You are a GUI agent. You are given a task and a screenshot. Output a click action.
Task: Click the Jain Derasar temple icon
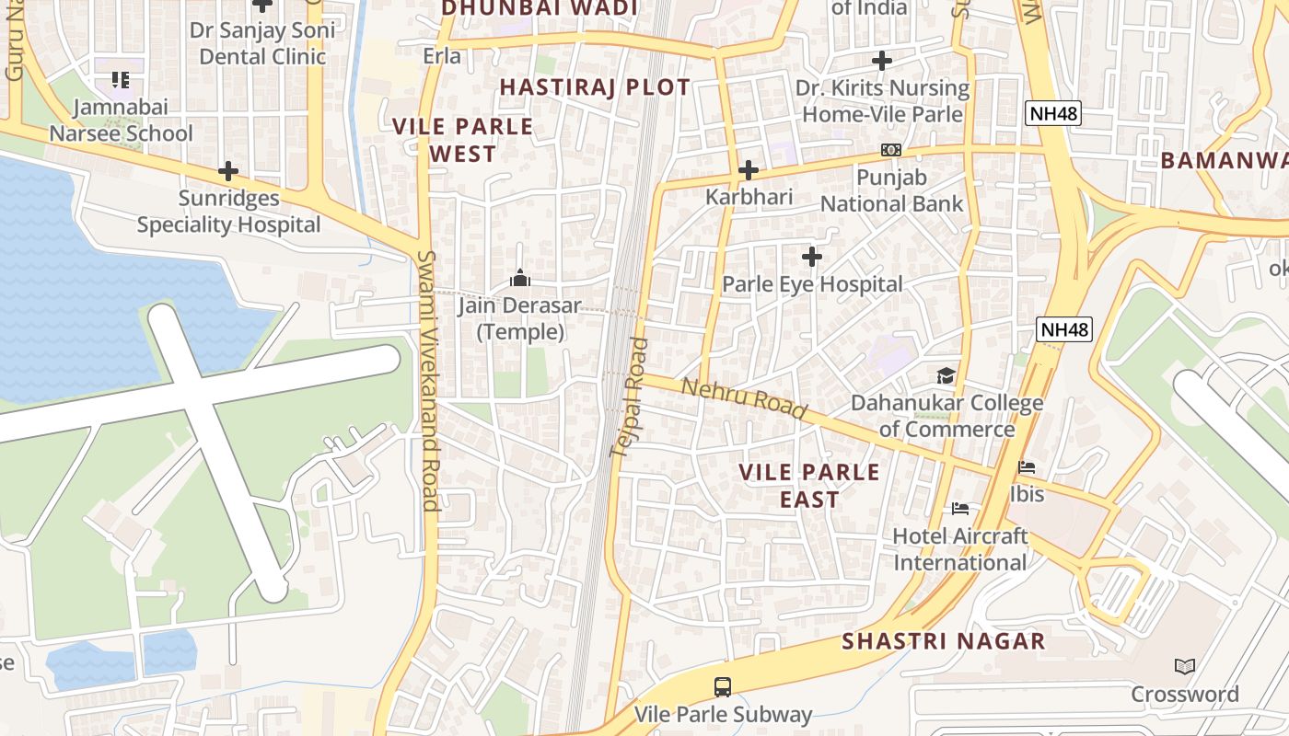(x=520, y=278)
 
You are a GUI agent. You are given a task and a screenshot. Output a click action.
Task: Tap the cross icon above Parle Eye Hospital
(x=811, y=257)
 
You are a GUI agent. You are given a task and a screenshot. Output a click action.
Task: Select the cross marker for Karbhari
(x=748, y=170)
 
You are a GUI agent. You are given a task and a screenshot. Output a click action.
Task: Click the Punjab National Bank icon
(x=890, y=150)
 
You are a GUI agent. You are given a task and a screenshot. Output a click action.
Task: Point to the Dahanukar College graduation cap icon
(x=946, y=375)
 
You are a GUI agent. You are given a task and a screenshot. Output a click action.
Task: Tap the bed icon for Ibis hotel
(x=1027, y=467)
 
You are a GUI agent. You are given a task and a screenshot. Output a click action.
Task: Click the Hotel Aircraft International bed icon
(x=960, y=509)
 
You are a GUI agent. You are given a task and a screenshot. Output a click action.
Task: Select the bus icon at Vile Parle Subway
(x=723, y=686)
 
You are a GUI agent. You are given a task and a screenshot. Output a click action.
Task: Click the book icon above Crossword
(x=1185, y=666)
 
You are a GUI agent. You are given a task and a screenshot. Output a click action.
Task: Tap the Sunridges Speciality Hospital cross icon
(x=227, y=171)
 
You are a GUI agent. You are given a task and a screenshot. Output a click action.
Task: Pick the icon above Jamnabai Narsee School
(x=120, y=80)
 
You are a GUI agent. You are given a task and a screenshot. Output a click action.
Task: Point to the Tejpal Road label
(x=630, y=397)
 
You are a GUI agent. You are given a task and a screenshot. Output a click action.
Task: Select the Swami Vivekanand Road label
(x=428, y=380)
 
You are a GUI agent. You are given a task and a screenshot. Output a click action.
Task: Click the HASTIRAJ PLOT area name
(x=594, y=87)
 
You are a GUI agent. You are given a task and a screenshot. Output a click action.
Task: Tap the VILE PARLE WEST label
(x=462, y=140)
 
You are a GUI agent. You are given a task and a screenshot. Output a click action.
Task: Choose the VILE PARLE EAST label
(x=809, y=486)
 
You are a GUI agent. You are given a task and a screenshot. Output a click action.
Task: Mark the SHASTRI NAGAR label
(x=943, y=641)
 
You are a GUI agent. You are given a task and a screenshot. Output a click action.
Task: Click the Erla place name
(x=442, y=56)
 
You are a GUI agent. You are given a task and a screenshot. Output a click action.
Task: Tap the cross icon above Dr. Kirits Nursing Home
(x=881, y=61)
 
